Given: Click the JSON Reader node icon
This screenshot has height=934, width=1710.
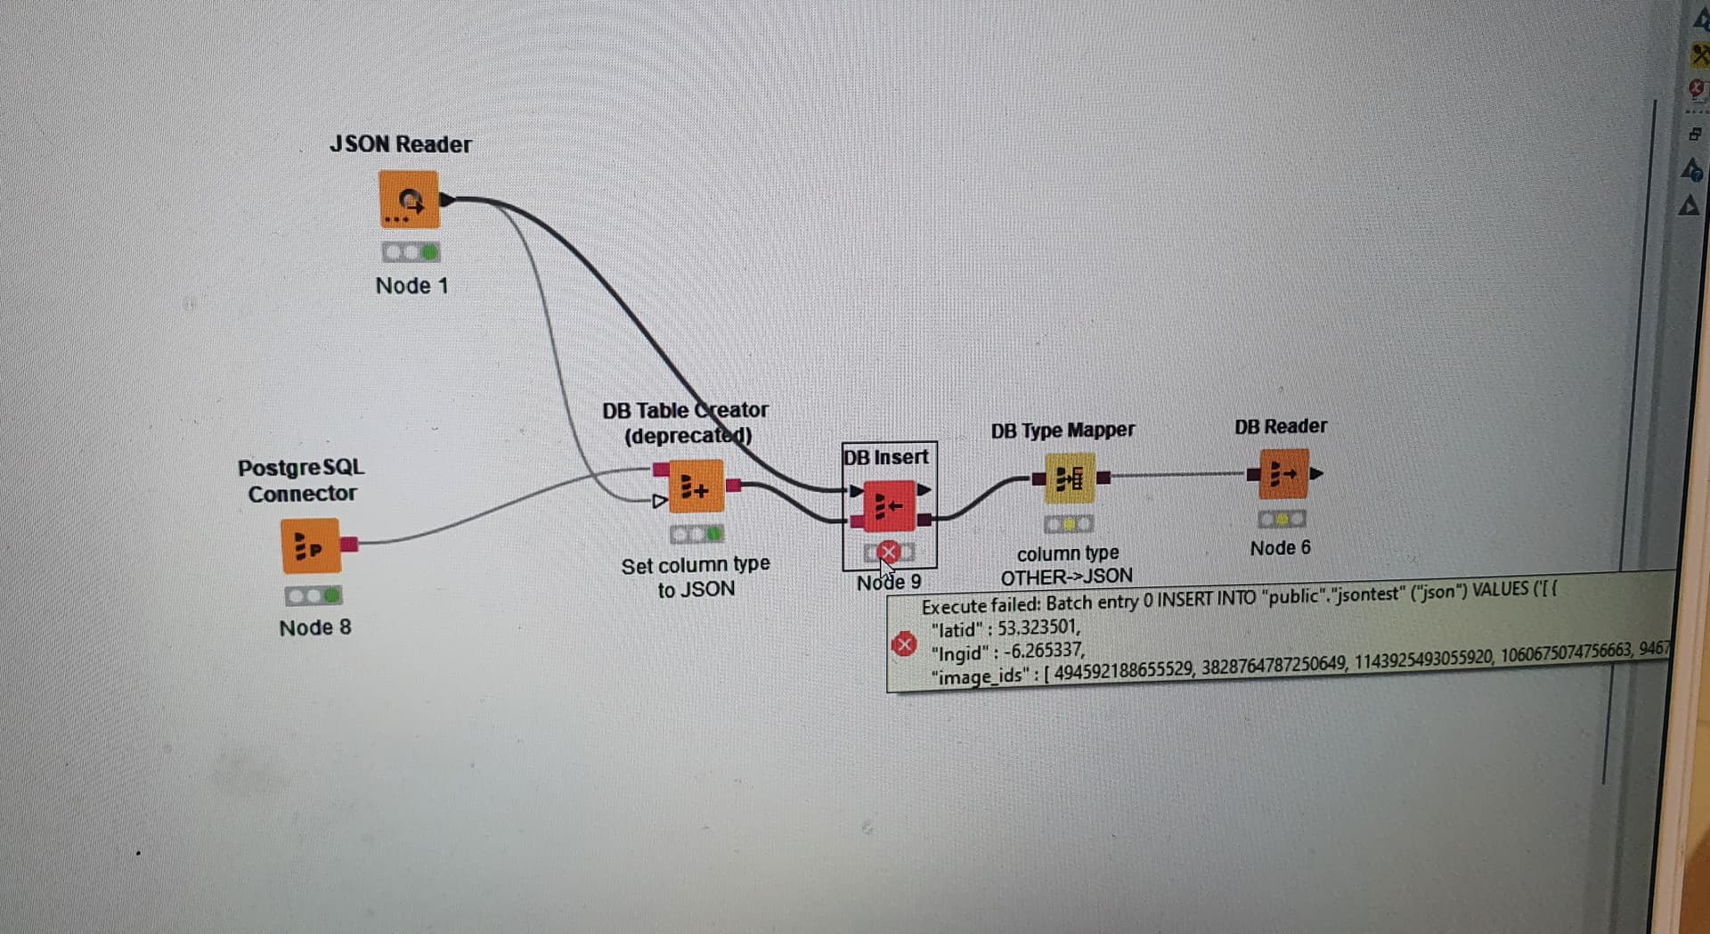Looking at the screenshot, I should coord(409,201).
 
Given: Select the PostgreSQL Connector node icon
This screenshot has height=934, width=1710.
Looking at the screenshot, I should coord(310,545).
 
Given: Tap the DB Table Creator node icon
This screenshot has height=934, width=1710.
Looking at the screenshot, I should coord(695,487).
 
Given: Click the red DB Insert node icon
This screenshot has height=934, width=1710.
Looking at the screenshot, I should coord(888,506).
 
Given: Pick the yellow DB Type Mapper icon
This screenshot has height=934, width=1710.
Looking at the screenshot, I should coord(1069,479).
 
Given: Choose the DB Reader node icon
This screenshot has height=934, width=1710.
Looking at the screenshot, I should coord(1282,473).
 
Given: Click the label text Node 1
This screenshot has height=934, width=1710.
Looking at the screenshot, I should coord(411,286).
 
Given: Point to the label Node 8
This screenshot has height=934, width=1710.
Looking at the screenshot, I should coord(315,627).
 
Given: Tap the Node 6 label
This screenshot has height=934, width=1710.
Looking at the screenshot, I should coord(1280,548).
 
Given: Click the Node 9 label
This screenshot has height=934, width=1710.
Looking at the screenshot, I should coord(889,583).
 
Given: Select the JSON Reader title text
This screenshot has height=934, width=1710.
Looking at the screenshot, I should coord(400,144).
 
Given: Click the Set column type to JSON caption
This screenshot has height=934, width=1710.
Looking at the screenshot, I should coord(696,578).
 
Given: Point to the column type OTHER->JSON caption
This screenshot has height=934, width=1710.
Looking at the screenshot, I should coord(1067,565).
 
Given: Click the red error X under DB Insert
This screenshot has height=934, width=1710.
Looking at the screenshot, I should coord(888,552).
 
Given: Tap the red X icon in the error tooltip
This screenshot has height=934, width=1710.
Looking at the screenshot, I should coord(903,644).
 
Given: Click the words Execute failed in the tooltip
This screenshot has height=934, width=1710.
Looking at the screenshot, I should coord(981,606).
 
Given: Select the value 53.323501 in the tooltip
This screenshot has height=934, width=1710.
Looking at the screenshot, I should coord(1038,627).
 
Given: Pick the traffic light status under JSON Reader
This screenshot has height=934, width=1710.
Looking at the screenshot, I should coord(410,253).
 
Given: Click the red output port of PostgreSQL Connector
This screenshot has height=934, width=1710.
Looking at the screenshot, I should coord(349,544).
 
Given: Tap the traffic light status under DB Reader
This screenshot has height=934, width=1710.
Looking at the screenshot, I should coord(1282,519).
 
